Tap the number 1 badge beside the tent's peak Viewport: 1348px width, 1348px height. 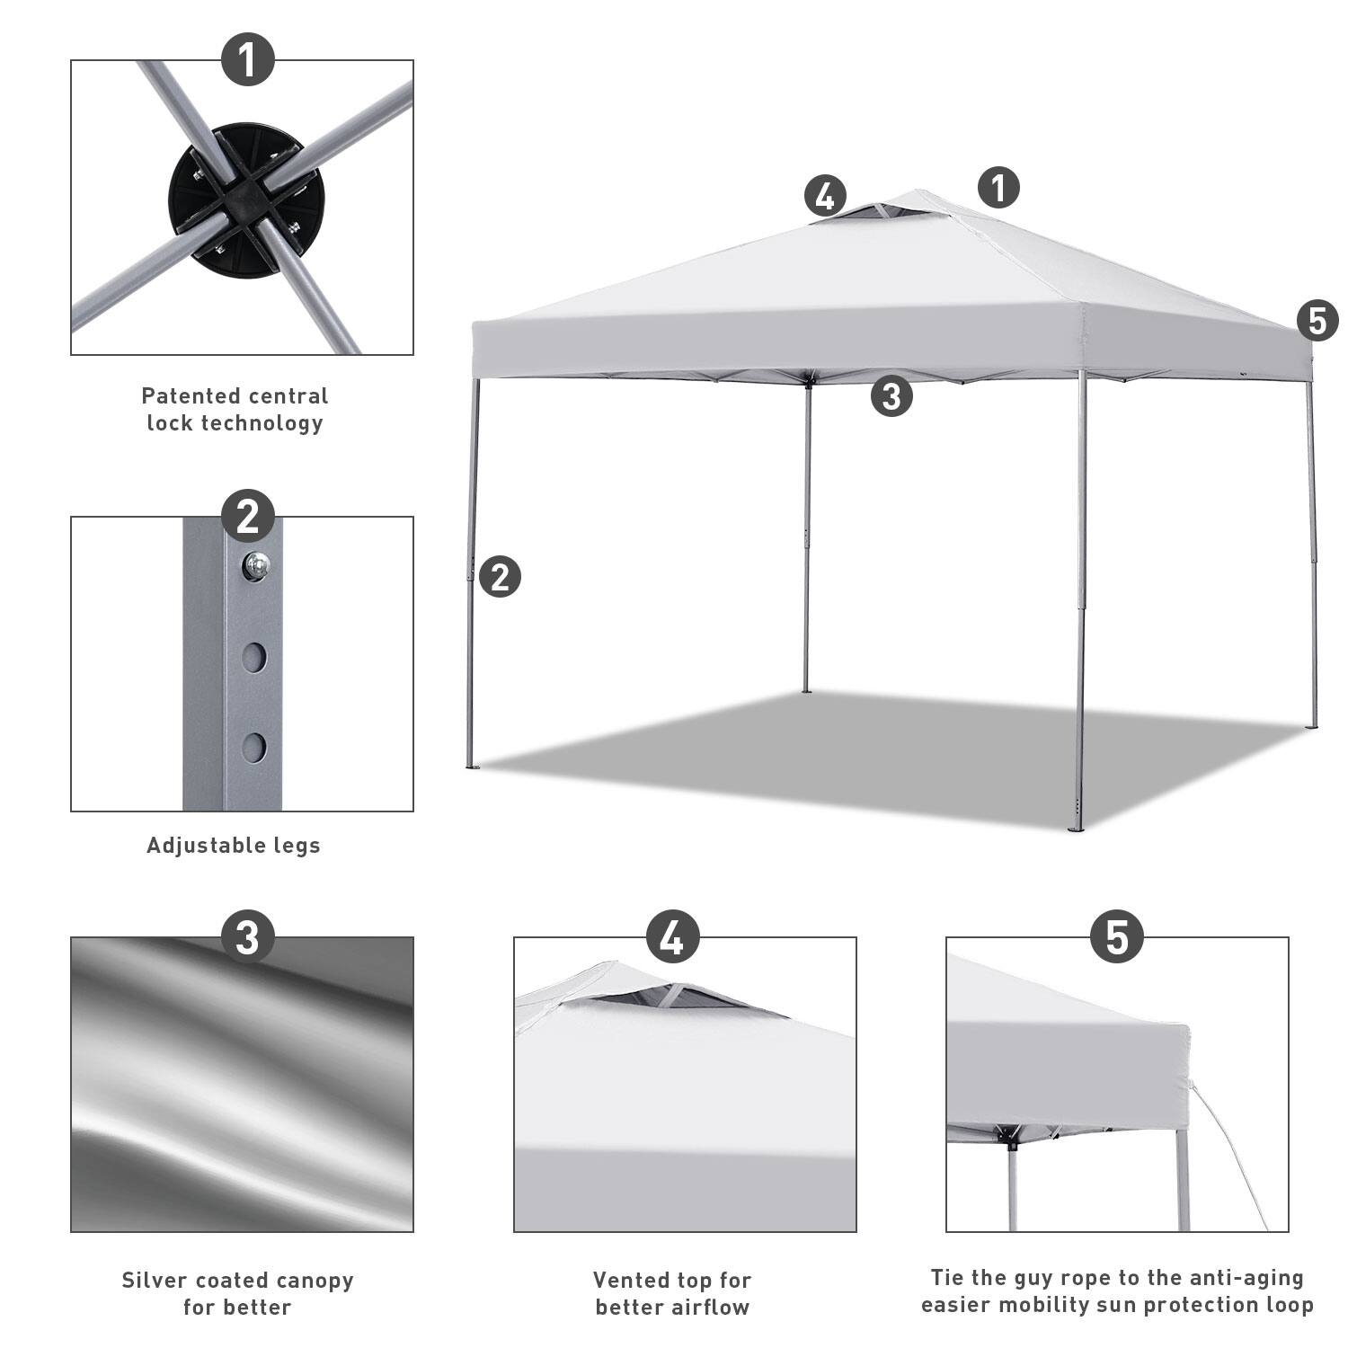tap(998, 188)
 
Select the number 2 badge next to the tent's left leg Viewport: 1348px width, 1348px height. tap(500, 576)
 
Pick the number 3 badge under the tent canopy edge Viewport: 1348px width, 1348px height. tap(891, 395)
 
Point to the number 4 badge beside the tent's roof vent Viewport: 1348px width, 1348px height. tap(825, 195)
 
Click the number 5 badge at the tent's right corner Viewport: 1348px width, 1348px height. tap(1317, 321)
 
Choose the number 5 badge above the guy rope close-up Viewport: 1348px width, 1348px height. tap(1117, 937)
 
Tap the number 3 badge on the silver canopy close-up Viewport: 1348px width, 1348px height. tap(247, 937)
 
